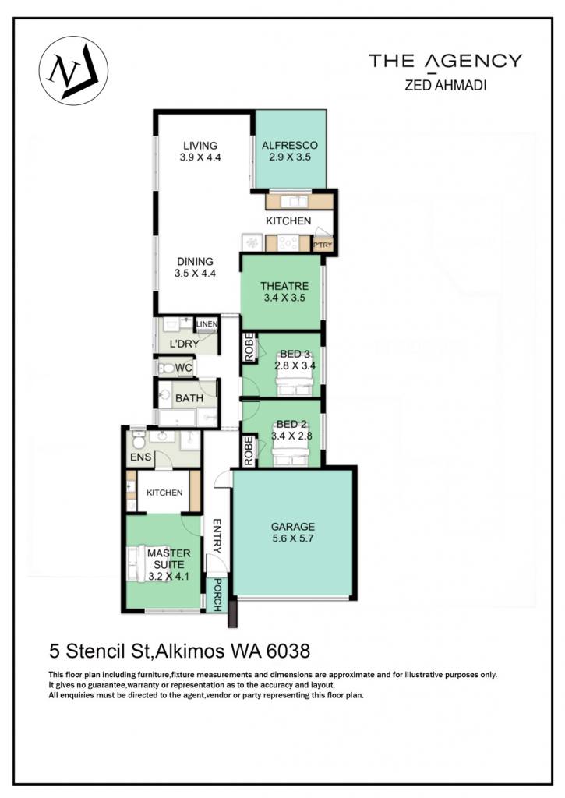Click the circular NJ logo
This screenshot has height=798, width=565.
[x=73, y=71]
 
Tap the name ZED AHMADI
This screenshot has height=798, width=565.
[x=446, y=85]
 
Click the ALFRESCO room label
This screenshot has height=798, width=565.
[x=290, y=145]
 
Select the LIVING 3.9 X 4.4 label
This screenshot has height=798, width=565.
[x=200, y=152]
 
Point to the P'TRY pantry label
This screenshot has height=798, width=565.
[x=322, y=245]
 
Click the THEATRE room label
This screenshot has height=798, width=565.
[x=284, y=286]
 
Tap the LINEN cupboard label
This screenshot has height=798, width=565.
[x=207, y=323]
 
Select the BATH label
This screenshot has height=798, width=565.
[x=189, y=398]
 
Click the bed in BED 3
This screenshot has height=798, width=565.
[x=293, y=380]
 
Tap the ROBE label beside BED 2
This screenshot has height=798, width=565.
[x=249, y=450]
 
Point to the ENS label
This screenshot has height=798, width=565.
[x=140, y=457]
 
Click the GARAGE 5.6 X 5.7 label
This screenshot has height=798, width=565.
[x=293, y=532]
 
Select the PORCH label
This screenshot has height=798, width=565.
[x=217, y=595]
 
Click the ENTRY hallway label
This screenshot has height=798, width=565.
[x=217, y=536]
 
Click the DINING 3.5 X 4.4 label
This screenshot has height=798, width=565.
[x=195, y=267]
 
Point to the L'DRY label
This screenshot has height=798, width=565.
[x=184, y=344]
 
